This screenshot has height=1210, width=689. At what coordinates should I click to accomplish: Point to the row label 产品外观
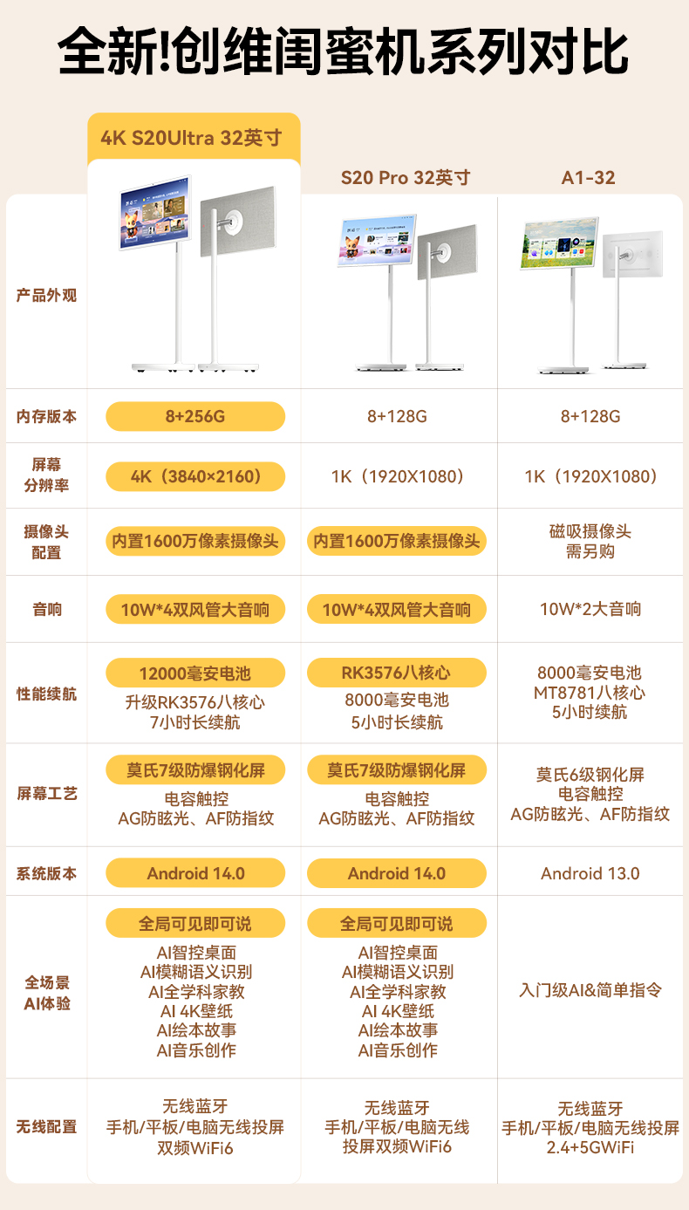click(x=47, y=296)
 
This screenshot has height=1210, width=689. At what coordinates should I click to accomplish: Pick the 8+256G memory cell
click(x=195, y=416)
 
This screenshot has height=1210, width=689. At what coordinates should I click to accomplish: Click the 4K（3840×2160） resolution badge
click(x=195, y=476)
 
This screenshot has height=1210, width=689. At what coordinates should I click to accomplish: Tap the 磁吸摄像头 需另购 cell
click(x=590, y=542)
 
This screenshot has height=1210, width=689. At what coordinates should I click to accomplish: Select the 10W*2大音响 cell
click(x=590, y=609)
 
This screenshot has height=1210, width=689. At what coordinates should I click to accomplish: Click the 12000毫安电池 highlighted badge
click(x=195, y=673)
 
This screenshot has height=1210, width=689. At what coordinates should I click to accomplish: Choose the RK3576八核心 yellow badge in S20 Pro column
click(x=397, y=673)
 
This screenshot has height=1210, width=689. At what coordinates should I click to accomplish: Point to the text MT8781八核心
click(x=590, y=693)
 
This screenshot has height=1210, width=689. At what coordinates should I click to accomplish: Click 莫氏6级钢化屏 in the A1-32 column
click(x=590, y=775)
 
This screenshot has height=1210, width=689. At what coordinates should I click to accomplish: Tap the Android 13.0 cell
click(x=590, y=873)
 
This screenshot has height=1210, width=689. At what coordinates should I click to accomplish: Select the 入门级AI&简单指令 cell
click(x=590, y=990)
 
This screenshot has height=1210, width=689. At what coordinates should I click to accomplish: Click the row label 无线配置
click(x=47, y=1127)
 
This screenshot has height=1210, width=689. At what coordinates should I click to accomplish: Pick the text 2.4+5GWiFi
click(x=590, y=1148)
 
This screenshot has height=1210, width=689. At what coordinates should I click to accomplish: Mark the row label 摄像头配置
click(x=47, y=542)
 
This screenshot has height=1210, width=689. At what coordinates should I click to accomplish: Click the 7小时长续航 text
click(x=195, y=722)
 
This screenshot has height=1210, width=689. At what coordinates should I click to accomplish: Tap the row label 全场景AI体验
click(x=47, y=993)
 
